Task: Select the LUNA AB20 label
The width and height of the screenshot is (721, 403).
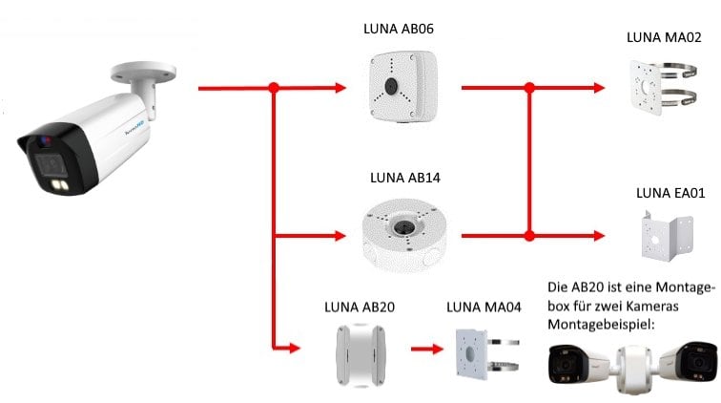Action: point(359,308)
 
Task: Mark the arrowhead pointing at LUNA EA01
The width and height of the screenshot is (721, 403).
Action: point(599,234)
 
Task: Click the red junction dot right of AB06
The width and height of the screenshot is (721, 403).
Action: point(528,88)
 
